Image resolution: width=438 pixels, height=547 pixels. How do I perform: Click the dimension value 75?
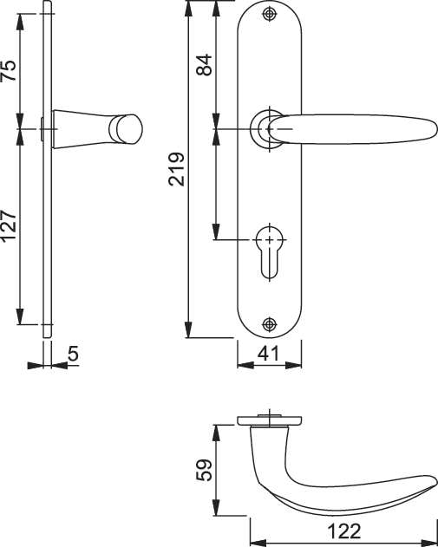pos(9,70)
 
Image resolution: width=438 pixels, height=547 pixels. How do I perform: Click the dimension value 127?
pos(9,225)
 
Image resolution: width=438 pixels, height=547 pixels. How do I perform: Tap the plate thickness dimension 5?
pos(74,354)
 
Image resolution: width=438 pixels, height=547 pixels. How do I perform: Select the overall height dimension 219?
pos(177,169)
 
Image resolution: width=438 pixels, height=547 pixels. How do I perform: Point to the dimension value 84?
pos(204,64)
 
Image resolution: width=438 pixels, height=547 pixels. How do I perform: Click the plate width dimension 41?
pos(269,354)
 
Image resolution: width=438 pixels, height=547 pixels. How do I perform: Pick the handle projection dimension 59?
pos(204,470)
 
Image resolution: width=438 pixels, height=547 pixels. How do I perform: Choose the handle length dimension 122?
pos(344,531)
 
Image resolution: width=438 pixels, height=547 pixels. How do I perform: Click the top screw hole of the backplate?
pos(269,14)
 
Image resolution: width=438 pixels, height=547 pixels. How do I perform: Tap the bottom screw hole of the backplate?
pos(269,324)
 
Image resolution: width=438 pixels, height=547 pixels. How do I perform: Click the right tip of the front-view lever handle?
pos(436,129)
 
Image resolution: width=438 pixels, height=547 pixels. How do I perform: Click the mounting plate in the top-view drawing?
pos(269,420)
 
